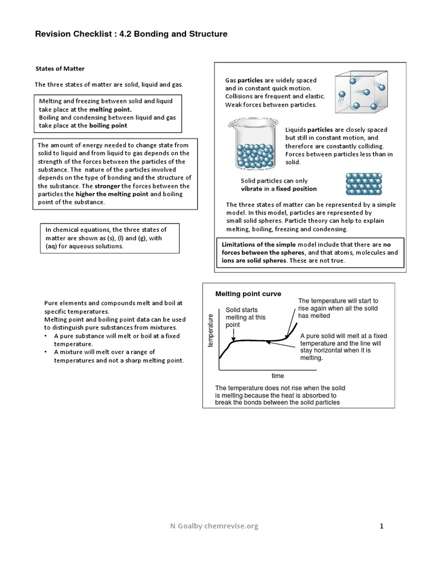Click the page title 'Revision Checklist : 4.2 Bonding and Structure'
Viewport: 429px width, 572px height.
(x=131, y=34)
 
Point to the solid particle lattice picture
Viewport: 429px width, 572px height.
(x=364, y=183)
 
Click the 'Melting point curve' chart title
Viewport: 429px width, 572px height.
(x=249, y=294)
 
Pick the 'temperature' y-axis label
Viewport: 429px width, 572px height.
(x=211, y=330)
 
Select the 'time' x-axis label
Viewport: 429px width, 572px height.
(x=278, y=376)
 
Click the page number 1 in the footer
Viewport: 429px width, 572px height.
(x=382, y=526)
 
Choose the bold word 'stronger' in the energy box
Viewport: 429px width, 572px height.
(x=109, y=186)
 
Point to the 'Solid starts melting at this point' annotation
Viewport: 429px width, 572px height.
(x=246, y=317)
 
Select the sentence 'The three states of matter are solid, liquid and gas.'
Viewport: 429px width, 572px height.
(x=109, y=84)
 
